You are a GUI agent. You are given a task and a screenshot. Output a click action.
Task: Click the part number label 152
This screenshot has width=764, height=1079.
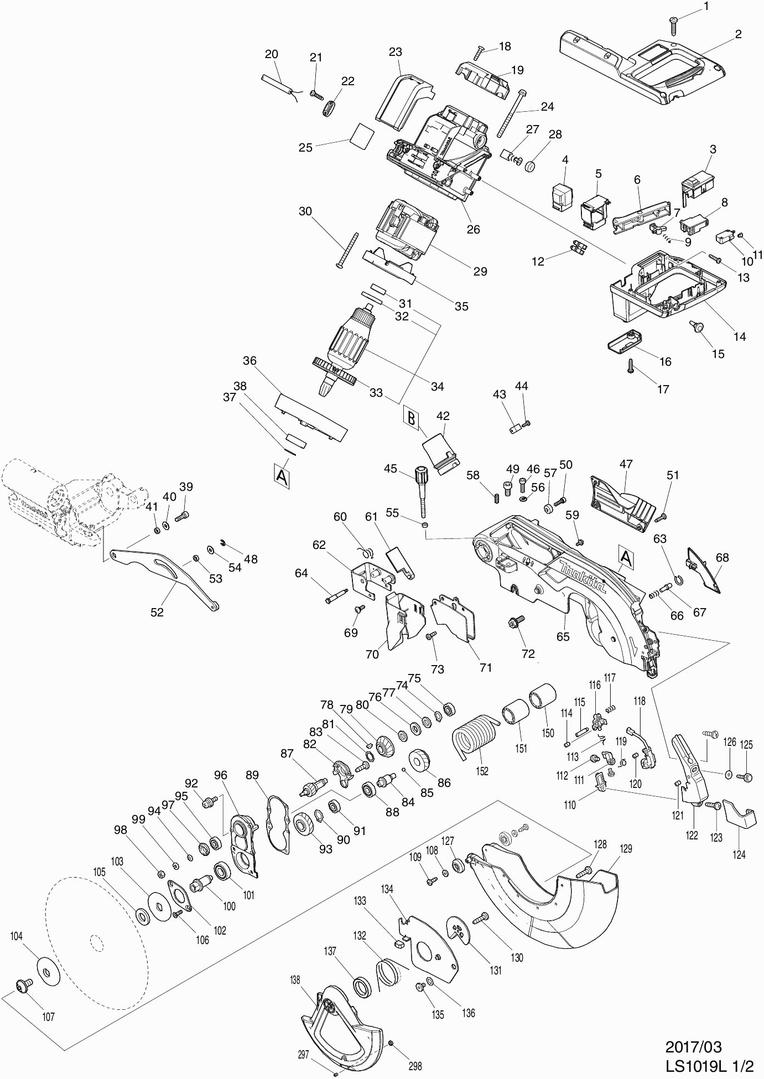pyautogui.click(x=482, y=771)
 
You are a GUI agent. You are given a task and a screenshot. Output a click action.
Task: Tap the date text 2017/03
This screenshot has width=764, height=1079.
pyautogui.click(x=694, y=1047)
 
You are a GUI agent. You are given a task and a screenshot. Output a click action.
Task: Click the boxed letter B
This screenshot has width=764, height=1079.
pyautogui.click(x=411, y=418)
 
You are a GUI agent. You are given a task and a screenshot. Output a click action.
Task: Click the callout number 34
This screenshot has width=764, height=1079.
pyautogui.click(x=437, y=386)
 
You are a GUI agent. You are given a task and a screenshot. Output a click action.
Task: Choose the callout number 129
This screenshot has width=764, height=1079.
pyautogui.click(x=626, y=848)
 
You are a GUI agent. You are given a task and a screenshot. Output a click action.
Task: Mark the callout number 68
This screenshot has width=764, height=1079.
pyautogui.click(x=722, y=558)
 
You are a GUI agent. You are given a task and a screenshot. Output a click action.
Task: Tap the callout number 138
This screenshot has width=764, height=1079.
pyautogui.click(x=294, y=980)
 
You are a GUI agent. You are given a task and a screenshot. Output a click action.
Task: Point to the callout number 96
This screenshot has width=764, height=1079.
pyautogui.click(x=221, y=775)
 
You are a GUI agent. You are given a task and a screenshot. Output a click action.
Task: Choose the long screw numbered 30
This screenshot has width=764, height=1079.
pyautogui.click(x=347, y=250)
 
